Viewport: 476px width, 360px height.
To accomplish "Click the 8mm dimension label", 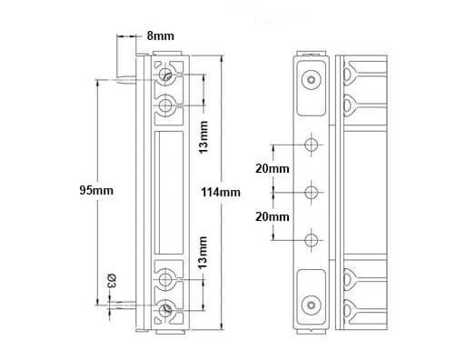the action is [x=161, y=35].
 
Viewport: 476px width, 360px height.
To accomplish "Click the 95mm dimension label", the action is [x=96, y=191].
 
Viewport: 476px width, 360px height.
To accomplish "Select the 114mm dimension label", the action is [x=221, y=193].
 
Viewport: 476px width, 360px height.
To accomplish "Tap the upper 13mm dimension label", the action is [x=203, y=137].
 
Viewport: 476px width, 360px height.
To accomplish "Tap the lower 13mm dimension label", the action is [x=203, y=253].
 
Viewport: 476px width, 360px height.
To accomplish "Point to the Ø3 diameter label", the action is [x=112, y=281].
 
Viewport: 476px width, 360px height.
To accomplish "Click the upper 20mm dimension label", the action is [x=273, y=168].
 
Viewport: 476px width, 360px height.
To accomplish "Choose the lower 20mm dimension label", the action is [x=273, y=217].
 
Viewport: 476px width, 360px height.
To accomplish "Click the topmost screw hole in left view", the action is [x=165, y=75].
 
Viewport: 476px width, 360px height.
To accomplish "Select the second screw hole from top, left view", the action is [x=165, y=105].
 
